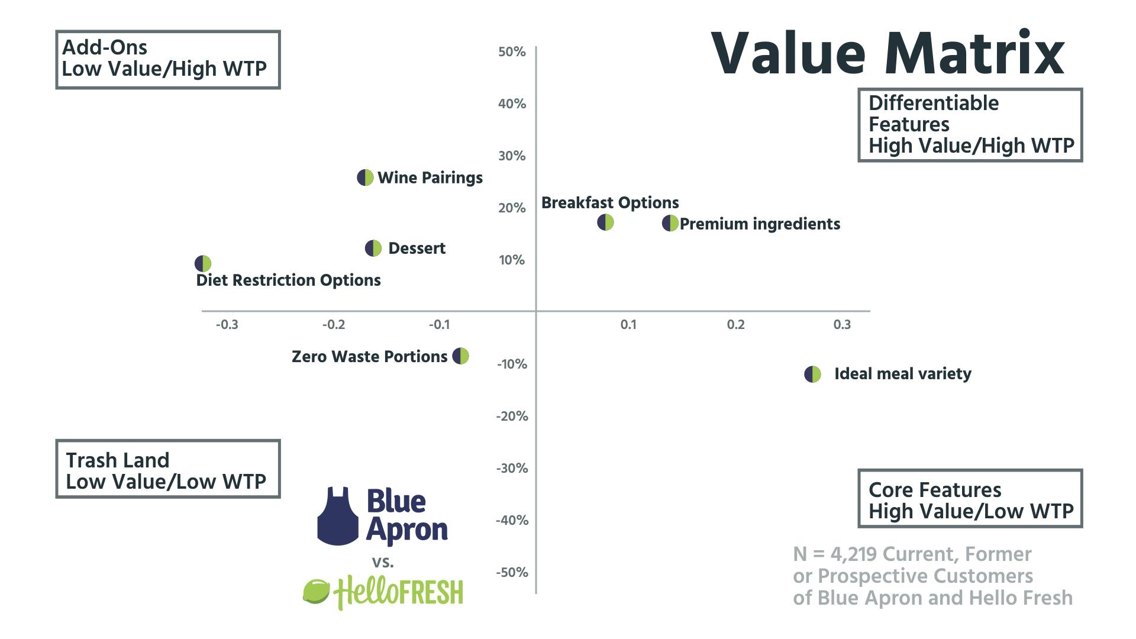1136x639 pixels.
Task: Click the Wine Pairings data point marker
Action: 365,177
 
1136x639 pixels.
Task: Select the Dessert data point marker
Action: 373,248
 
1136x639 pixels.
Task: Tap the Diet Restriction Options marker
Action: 203,263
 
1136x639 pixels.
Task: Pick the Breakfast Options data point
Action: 605,222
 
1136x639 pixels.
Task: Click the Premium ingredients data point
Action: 670,224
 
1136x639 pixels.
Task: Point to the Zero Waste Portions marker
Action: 460,356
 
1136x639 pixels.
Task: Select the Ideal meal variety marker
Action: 812,375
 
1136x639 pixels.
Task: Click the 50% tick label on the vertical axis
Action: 512,52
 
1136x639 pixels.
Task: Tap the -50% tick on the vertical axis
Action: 512,572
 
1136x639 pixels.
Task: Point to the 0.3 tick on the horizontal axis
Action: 842,324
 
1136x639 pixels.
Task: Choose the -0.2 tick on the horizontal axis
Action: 334,324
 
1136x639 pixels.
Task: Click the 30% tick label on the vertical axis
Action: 512,156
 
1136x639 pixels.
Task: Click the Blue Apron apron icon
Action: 338,516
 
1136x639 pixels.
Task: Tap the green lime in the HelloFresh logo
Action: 316,592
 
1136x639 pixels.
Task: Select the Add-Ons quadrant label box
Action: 167,59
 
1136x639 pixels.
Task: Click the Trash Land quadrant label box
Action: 167,469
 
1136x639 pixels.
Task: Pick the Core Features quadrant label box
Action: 970,498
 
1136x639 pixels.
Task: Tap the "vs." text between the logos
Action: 383,561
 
